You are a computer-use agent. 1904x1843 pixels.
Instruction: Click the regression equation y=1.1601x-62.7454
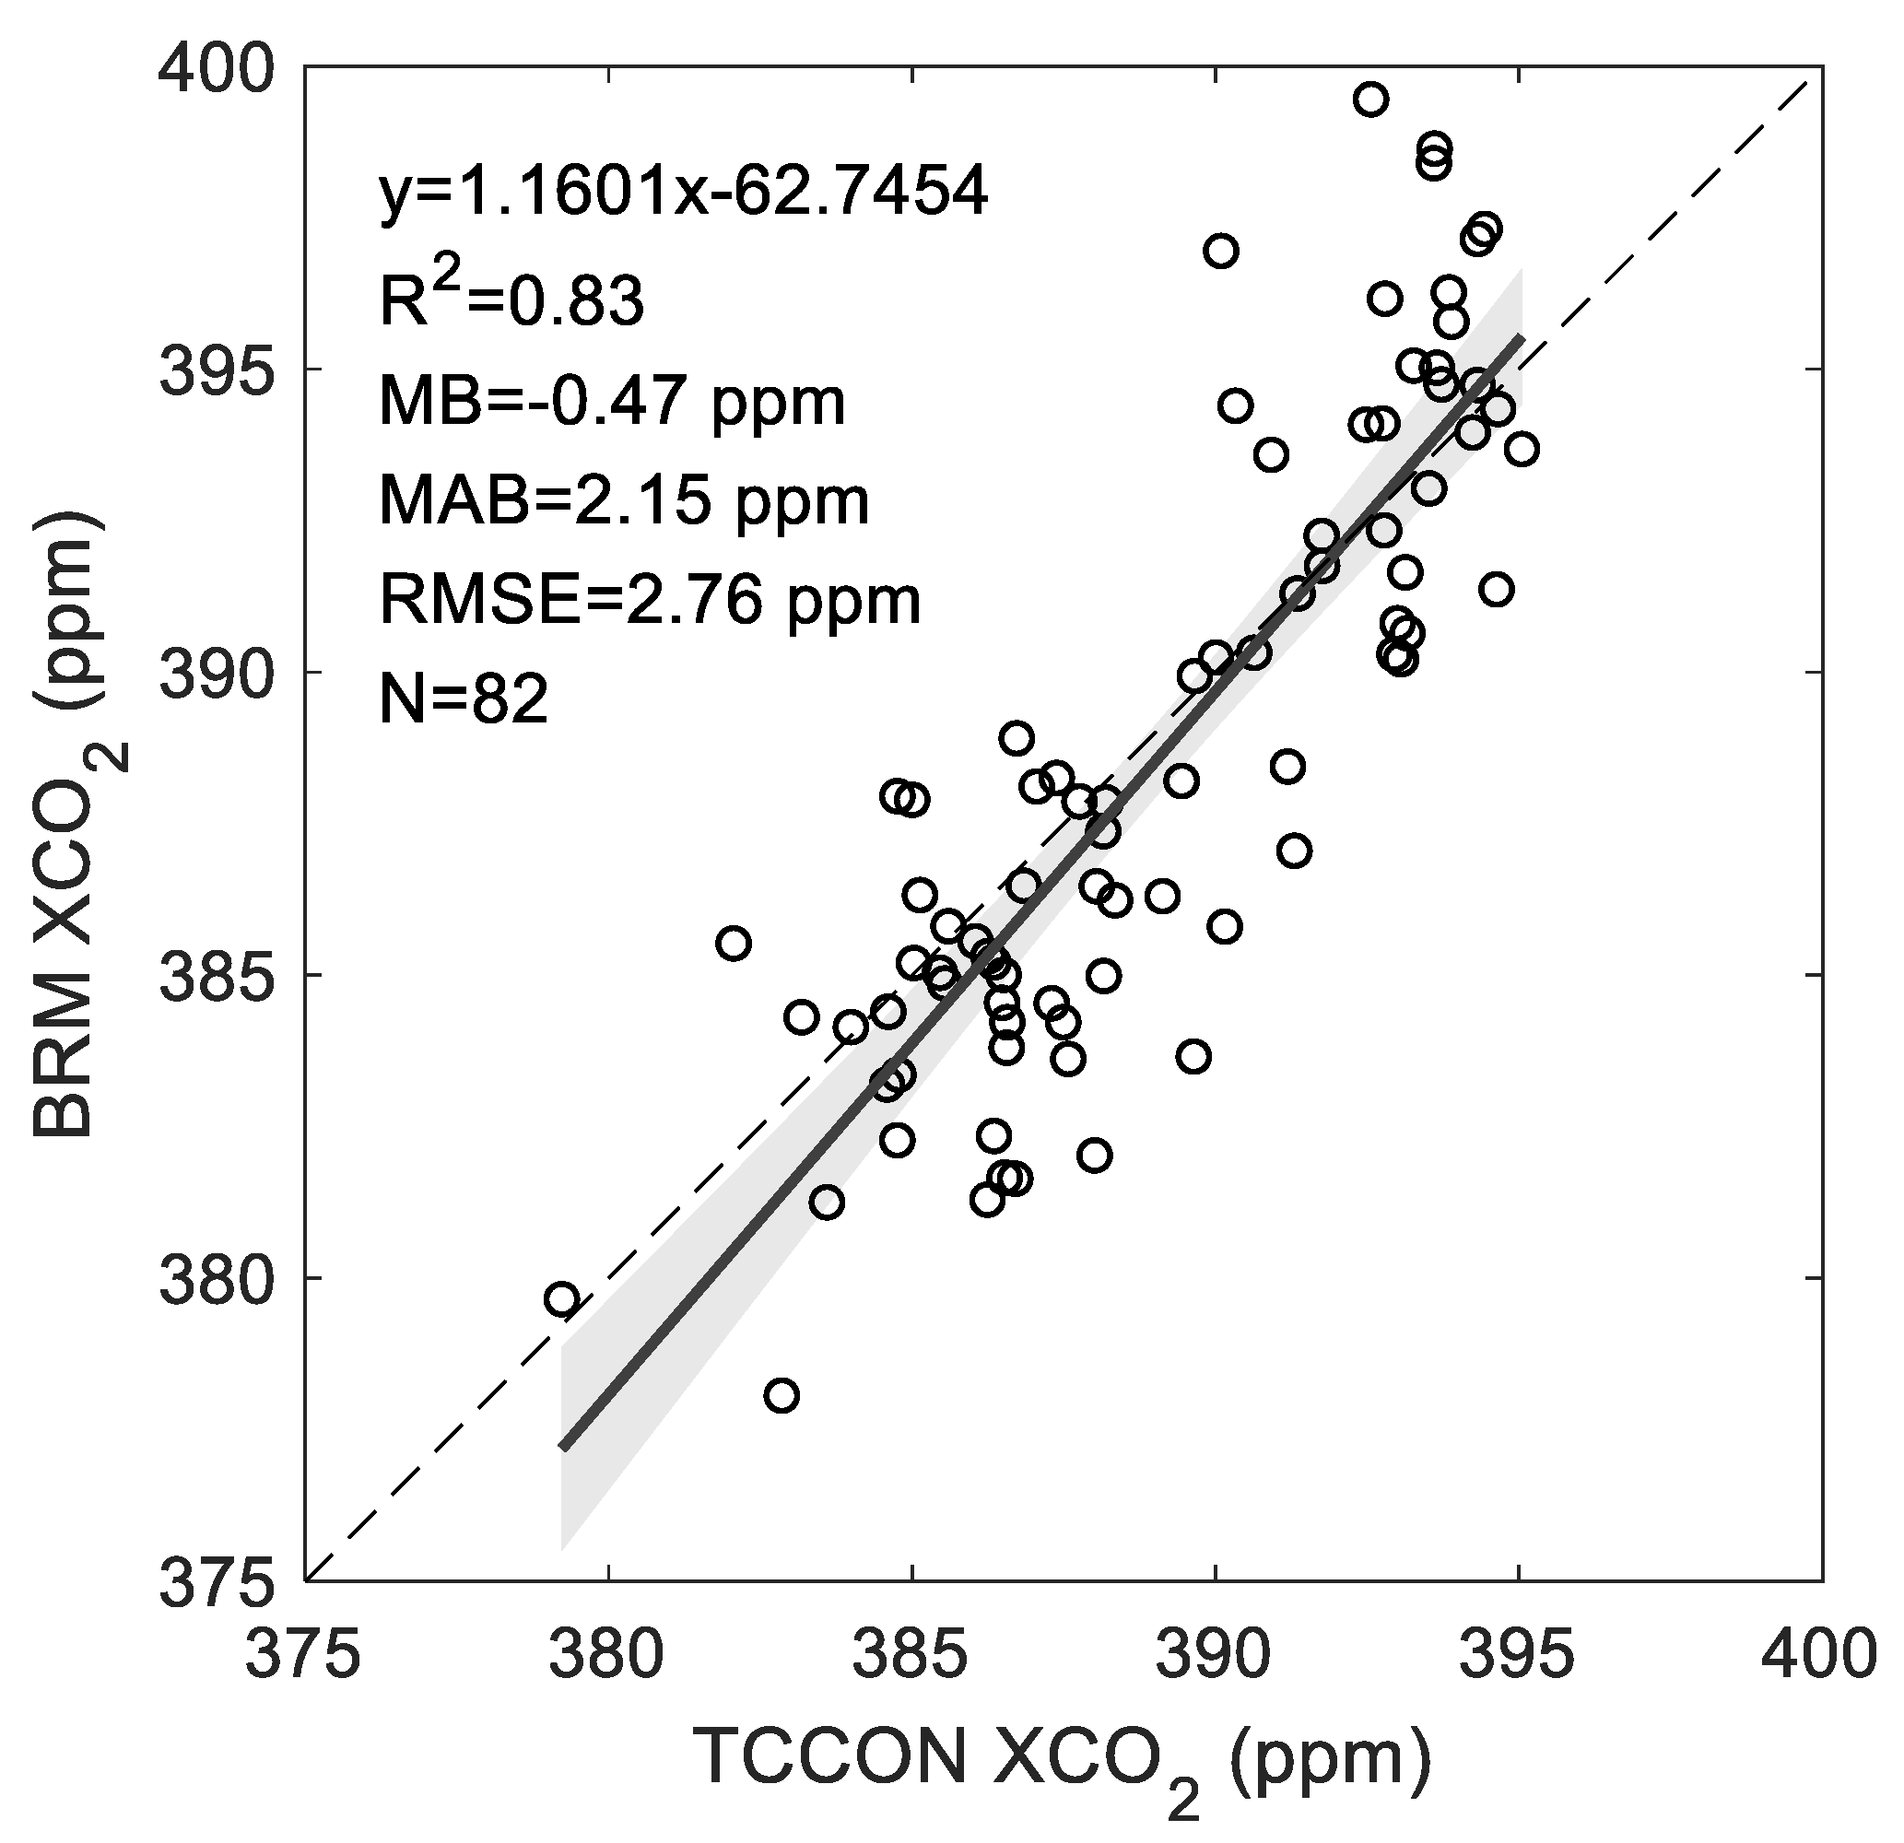point(683,193)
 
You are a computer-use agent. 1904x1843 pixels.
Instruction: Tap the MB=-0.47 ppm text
point(612,401)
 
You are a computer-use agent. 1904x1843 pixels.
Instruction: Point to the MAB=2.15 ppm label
point(624,501)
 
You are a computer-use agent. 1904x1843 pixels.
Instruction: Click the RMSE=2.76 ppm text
point(649,600)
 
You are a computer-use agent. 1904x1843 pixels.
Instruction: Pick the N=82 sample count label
point(464,699)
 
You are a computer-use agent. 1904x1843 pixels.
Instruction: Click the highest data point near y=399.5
point(1370,100)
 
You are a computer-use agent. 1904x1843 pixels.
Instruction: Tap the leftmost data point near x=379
point(561,1298)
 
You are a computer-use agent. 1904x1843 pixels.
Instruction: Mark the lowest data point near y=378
point(781,1396)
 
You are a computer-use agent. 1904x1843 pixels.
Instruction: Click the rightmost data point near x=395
point(1522,449)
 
